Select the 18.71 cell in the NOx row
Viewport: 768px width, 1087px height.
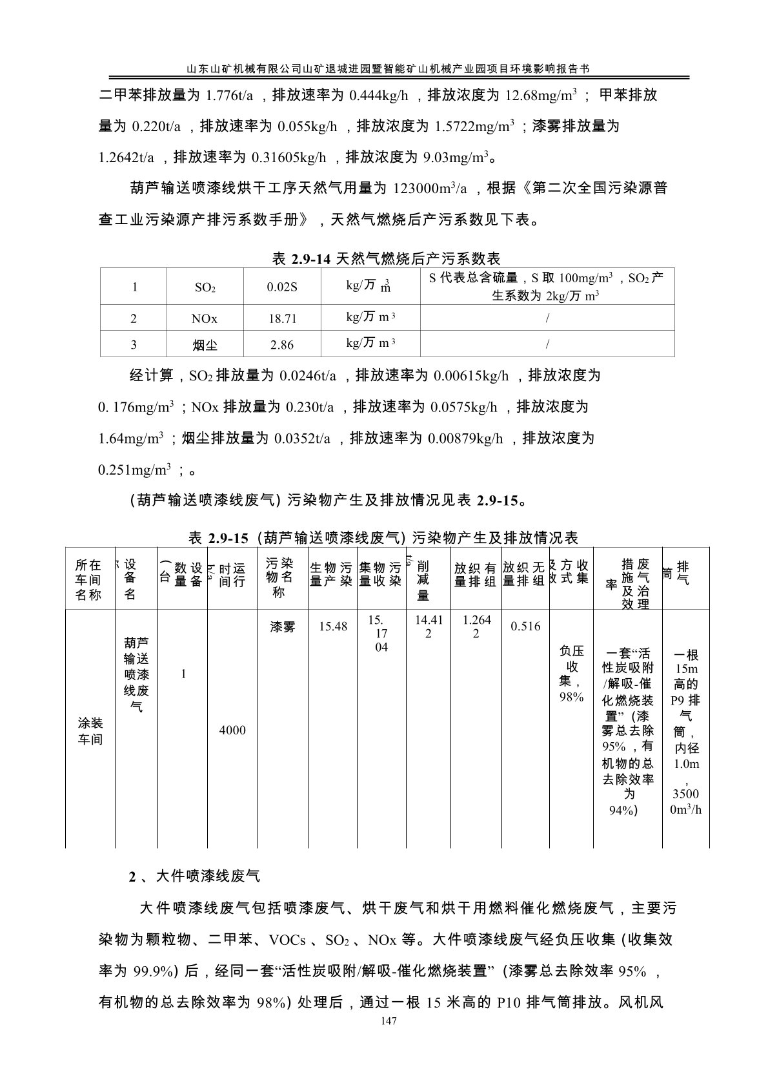point(282,318)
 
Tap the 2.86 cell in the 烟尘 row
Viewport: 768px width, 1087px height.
point(282,345)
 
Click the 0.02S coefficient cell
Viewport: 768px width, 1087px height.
point(282,287)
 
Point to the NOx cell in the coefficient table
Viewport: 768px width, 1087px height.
point(205,318)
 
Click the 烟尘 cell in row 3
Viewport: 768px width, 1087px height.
point(205,345)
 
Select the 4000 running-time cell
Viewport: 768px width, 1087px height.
point(232,730)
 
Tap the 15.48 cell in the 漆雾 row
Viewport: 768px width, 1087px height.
point(333,626)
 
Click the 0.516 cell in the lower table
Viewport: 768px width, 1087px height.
point(525,626)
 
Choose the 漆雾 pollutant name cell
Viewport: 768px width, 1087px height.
point(283,626)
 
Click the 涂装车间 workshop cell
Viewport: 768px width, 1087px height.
point(90,730)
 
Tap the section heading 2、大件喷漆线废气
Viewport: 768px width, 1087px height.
point(195,876)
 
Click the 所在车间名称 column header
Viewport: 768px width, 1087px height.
point(89,579)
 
